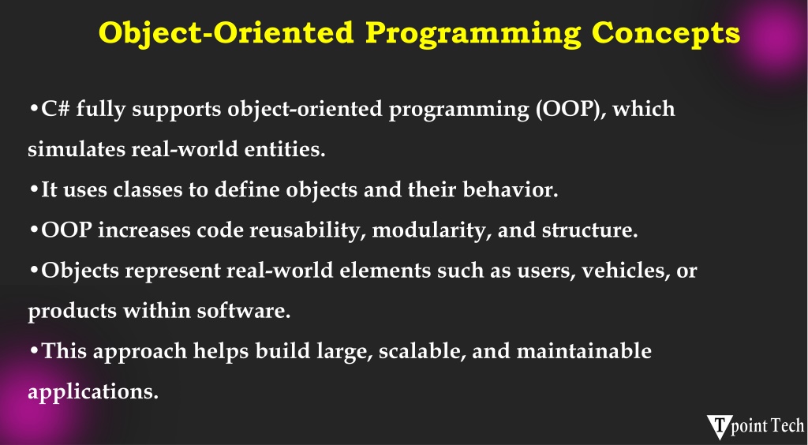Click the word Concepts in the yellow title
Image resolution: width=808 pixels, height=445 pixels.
click(666, 32)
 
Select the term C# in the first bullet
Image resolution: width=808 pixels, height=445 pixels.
click(55, 109)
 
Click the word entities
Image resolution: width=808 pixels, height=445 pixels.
click(284, 149)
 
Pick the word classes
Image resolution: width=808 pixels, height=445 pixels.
click(148, 189)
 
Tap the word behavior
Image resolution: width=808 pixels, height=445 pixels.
click(511, 189)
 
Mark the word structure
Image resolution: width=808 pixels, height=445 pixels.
click(589, 230)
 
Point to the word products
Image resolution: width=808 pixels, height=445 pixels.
click(72, 311)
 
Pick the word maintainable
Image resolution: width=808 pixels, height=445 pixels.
click(584, 351)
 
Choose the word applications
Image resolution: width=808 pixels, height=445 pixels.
click(93, 392)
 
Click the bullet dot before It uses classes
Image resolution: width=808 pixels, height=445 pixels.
click(34, 190)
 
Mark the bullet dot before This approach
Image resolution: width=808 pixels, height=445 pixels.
click(34, 351)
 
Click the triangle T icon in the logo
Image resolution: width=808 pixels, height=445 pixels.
click(719, 426)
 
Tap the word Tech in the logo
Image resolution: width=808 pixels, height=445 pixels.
click(786, 426)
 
